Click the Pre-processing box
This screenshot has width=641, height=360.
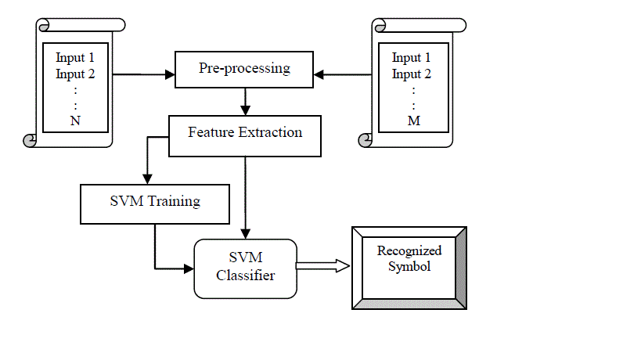point(244,69)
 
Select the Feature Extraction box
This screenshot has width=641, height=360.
point(245,132)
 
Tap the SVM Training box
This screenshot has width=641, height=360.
point(154,202)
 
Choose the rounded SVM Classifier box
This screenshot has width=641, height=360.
point(246,268)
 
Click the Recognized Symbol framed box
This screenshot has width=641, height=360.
point(409,267)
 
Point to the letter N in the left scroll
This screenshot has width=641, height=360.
point(75,121)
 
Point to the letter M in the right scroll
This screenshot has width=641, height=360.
point(412,121)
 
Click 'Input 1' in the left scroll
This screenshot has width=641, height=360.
point(75,58)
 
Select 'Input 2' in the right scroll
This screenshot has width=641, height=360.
point(412,74)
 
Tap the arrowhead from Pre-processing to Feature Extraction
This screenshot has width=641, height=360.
point(245,109)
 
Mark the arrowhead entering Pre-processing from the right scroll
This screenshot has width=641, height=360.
point(319,75)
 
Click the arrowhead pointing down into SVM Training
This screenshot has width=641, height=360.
point(146,178)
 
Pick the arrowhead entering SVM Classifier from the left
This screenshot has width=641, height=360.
point(188,268)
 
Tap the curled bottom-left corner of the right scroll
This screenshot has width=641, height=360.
point(366,140)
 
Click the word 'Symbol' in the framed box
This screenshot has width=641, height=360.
point(409,266)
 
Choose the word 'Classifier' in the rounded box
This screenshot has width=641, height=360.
point(246,275)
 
